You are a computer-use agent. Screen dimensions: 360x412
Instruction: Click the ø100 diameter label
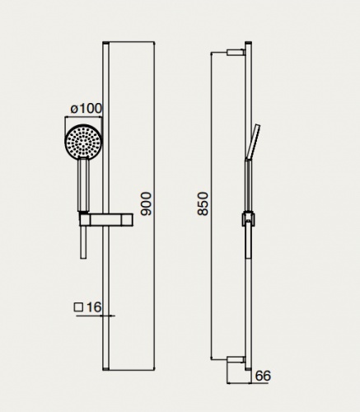[x=86, y=109]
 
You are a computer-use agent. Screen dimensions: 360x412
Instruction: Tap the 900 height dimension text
[x=146, y=204]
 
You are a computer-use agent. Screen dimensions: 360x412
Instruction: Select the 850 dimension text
[x=203, y=204]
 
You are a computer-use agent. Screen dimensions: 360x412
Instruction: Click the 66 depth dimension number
[x=263, y=376]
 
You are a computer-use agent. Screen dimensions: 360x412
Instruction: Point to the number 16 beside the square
[x=94, y=307]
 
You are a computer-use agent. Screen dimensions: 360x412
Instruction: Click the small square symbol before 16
[x=78, y=307]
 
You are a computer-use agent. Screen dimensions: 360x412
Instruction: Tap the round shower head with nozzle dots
[x=83, y=142]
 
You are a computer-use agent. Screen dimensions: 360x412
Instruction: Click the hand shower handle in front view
[x=83, y=185]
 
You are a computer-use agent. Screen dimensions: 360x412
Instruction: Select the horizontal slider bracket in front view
[x=106, y=220]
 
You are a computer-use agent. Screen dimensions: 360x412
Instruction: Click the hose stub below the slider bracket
[x=83, y=242]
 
